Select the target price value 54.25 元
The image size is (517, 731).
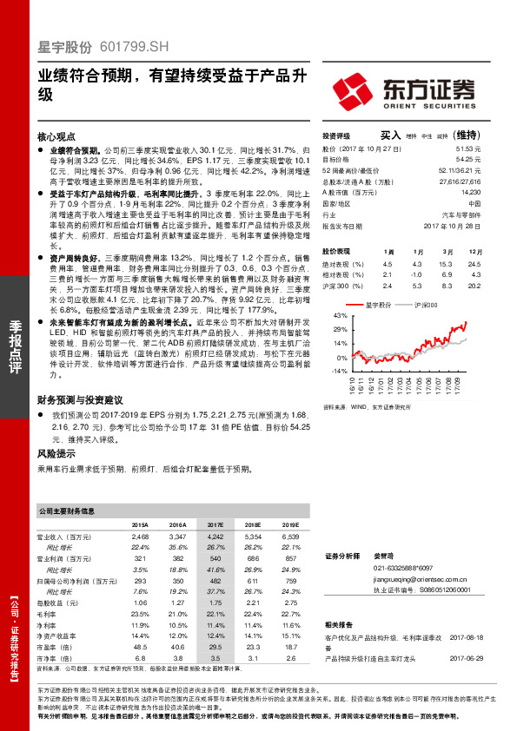coord(468,159)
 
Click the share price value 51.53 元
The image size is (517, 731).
coord(468,148)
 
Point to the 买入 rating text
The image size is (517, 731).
coord(390,135)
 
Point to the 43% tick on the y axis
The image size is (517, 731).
coord(341,315)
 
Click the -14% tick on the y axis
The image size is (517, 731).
coord(339,371)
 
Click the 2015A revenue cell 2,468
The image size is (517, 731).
coord(139,538)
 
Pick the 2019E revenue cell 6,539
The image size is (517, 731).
coord(290,538)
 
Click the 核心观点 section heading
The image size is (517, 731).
coord(59,137)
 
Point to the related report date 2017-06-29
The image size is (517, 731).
coord(466,660)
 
